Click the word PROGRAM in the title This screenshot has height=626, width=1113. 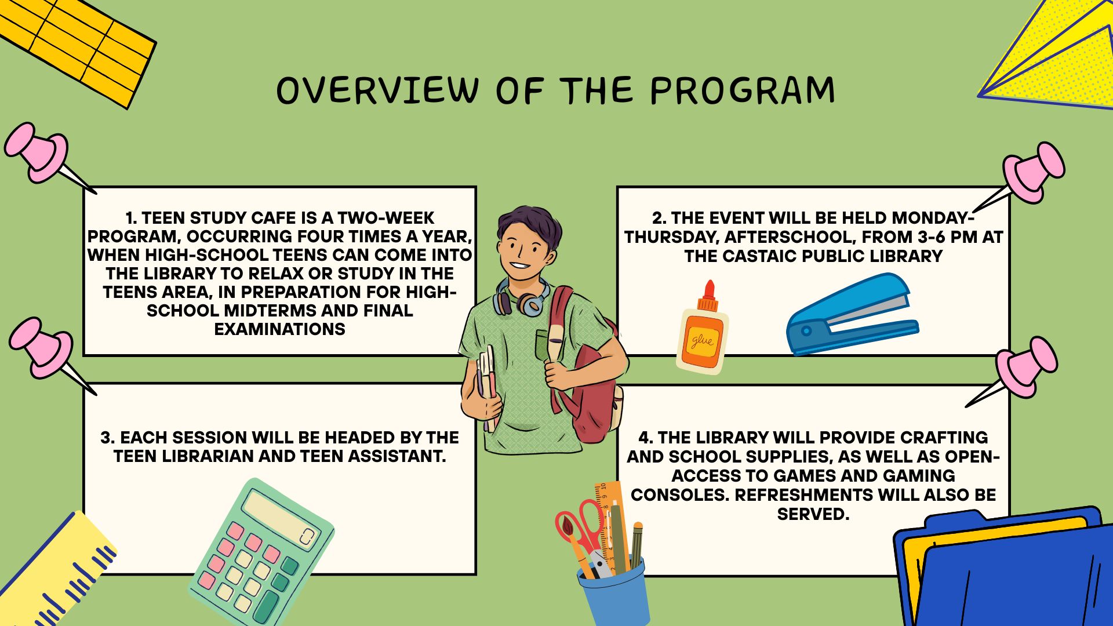(743, 90)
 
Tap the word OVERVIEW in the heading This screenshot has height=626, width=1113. (377, 90)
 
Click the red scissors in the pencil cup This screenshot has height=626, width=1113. (580, 530)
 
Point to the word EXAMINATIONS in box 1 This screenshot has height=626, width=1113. (279, 329)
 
